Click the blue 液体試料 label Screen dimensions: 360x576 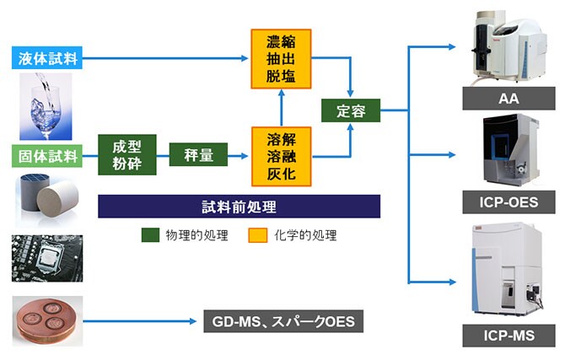point(48,58)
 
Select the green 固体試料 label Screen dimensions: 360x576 point(48,155)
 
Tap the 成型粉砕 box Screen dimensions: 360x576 point(127,155)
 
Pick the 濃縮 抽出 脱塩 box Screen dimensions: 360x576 point(282,58)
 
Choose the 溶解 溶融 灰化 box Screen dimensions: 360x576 point(282,155)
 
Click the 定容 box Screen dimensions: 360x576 point(350,110)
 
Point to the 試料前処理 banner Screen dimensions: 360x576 point(239,207)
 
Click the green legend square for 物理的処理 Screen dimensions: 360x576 point(149,235)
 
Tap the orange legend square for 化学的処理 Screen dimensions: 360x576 point(257,235)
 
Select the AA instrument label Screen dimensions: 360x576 point(508,99)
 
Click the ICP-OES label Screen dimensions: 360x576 point(508,202)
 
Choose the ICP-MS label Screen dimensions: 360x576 point(508,336)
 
